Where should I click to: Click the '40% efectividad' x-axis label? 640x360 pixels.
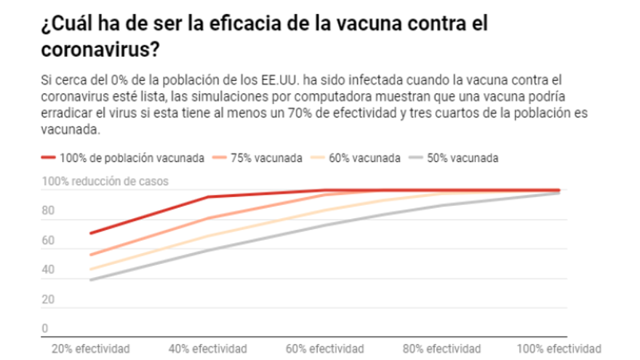[208, 348]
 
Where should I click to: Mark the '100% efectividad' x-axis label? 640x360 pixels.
[559, 348]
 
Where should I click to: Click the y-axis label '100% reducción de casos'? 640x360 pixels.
[106, 180]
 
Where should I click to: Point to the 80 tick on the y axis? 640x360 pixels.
[48, 211]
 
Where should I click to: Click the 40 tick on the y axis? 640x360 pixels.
[48, 270]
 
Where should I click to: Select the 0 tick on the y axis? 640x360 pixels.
[44, 329]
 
